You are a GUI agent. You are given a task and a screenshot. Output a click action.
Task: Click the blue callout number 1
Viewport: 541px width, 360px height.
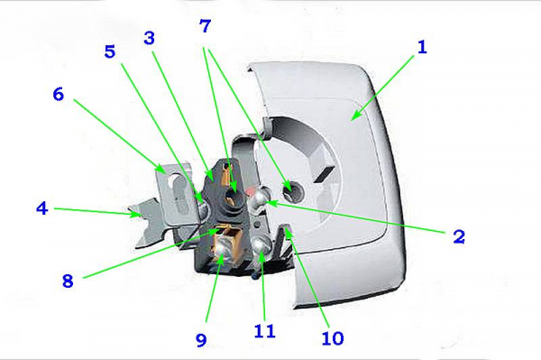(422, 47)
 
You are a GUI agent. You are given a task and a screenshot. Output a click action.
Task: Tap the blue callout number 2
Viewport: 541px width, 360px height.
(459, 236)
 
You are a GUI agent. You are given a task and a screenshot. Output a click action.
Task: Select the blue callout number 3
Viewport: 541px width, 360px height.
(149, 38)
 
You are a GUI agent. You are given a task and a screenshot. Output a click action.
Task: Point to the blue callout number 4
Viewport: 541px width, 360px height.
(42, 208)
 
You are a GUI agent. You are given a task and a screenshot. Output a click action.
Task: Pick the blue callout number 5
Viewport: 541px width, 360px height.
(110, 51)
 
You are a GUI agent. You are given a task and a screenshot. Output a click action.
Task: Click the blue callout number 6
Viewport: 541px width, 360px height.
(59, 94)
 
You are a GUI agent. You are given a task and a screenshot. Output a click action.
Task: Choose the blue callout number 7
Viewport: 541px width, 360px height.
(206, 26)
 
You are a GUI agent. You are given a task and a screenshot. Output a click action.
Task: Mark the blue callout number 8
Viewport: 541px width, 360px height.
(68, 281)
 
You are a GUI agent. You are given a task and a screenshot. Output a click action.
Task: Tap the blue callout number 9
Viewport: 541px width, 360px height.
(201, 340)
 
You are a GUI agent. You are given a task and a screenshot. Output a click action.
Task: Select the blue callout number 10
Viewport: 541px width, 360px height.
(333, 338)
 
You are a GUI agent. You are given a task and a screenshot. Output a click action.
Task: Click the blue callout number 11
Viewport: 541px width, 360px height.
(264, 331)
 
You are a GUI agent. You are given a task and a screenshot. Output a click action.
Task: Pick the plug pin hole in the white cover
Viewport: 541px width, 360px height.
(292, 190)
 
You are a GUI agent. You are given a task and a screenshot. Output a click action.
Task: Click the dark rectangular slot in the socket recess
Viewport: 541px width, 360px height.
(324, 175)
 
